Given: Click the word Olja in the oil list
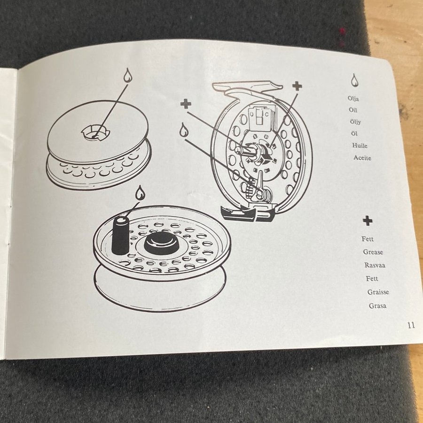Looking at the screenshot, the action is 353,99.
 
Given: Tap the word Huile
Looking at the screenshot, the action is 360,145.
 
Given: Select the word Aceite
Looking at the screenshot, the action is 362,158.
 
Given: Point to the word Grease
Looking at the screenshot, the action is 373,252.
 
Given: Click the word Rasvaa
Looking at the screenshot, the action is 375,265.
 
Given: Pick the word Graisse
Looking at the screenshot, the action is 378,292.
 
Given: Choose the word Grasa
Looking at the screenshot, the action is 377,305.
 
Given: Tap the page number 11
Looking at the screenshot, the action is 411,325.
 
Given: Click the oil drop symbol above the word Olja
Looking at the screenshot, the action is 354,80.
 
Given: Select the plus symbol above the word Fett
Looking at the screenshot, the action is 367,221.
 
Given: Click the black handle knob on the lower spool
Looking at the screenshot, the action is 120,235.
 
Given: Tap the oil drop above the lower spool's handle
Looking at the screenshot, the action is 140,193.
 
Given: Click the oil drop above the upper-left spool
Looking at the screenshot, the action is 128,75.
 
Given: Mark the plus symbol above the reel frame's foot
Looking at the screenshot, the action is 297,86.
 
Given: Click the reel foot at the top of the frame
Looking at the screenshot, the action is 247,87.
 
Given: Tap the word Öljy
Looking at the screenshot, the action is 355,122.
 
